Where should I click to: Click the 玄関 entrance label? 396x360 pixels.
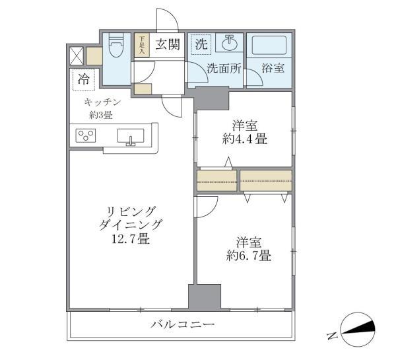coord(168,45)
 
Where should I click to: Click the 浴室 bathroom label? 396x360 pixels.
coord(272,67)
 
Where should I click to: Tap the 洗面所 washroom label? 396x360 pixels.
coord(222,67)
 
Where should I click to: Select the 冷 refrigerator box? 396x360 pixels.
coord(84,79)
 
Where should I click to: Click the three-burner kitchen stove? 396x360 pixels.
coord(86,137)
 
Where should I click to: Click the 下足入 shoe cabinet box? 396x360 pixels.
coord(141,45)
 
